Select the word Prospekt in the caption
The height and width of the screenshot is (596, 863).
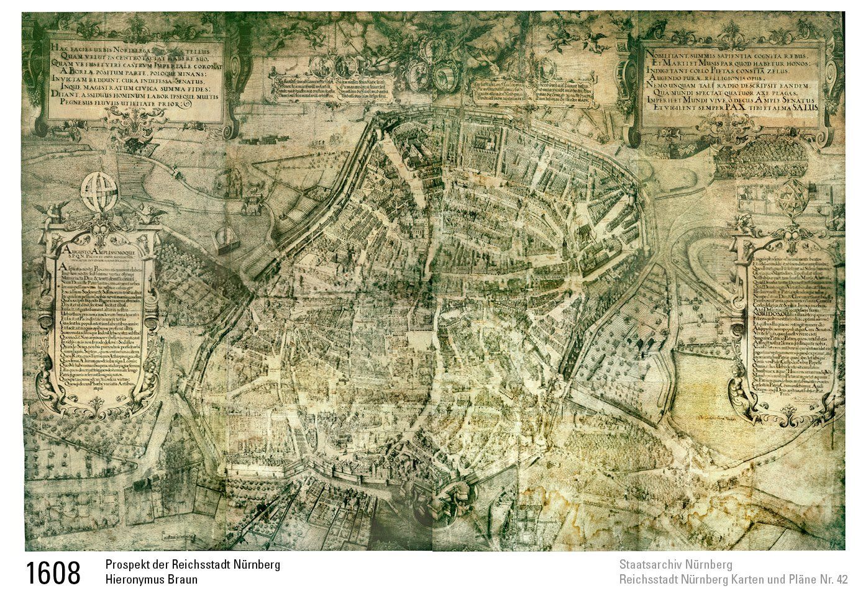[126, 565]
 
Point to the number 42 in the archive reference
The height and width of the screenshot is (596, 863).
[841, 580]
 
